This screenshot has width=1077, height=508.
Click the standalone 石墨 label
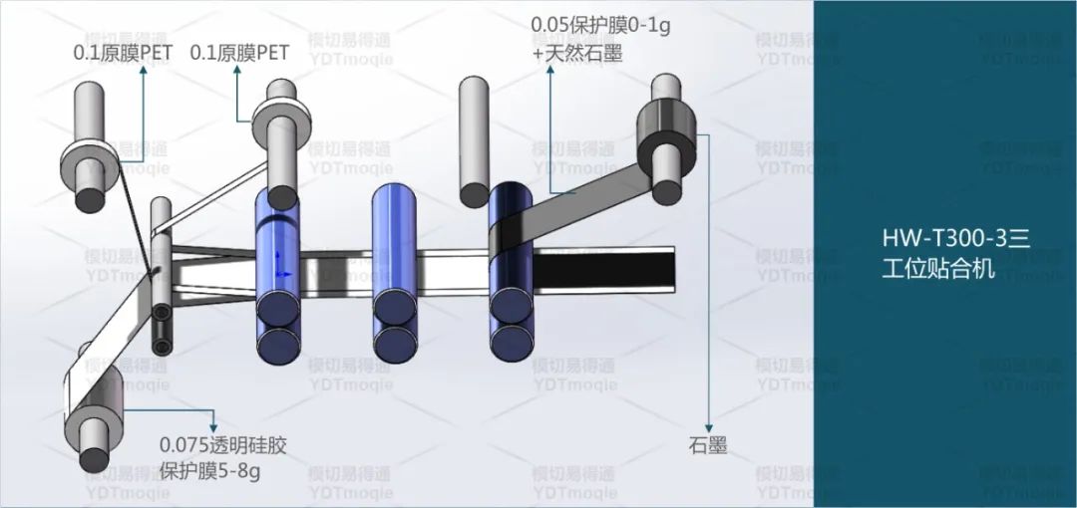707,446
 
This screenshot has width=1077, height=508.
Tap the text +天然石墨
577,52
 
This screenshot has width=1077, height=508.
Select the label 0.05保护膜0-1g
601,25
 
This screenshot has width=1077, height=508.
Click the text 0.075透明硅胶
223,445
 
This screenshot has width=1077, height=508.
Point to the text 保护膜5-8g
209,472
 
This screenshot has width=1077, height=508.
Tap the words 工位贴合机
938,268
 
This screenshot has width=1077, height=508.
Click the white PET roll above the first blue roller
282,124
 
